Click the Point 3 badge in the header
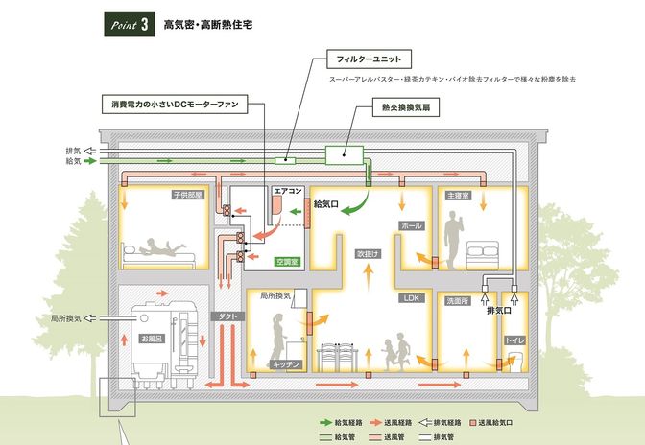coord(129,25)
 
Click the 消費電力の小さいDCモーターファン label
coord(178,101)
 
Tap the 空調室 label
coord(288,261)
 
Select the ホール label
coord(412,226)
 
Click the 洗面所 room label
coord(457,300)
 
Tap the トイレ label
coord(514,340)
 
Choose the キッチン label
coord(288,364)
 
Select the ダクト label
coord(229,315)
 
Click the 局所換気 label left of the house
coord(65,317)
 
